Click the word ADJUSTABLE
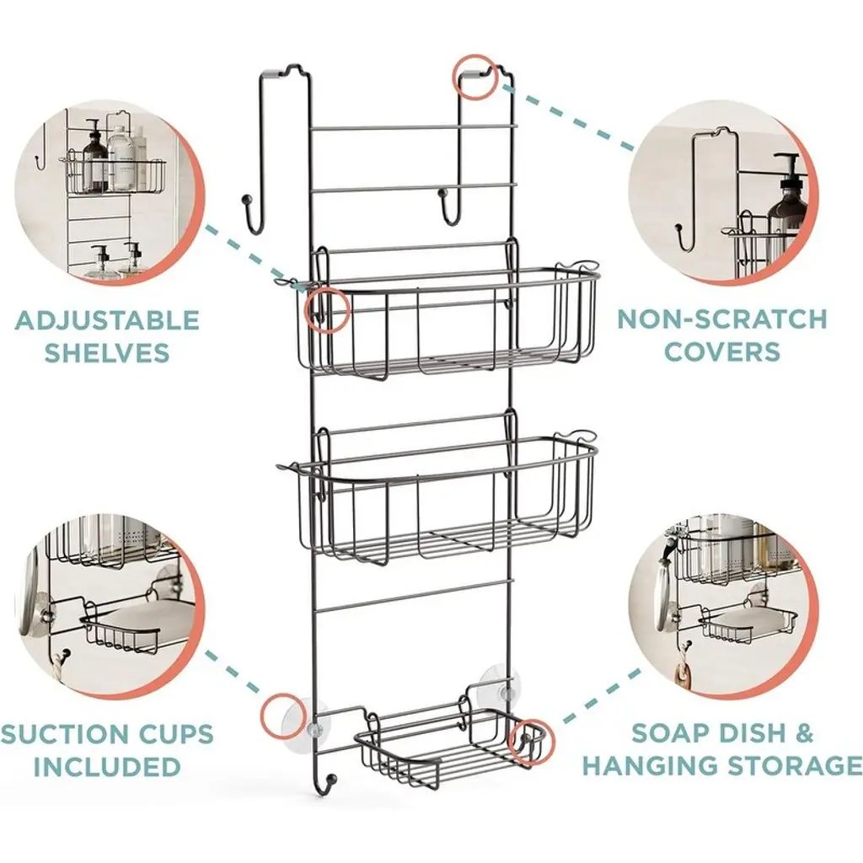[107, 320]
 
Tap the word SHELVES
[107, 352]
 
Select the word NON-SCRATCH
[721, 319]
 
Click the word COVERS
[722, 351]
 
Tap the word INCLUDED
[107, 767]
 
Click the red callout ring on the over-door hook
[477, 78]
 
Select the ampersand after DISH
[803, 732]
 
